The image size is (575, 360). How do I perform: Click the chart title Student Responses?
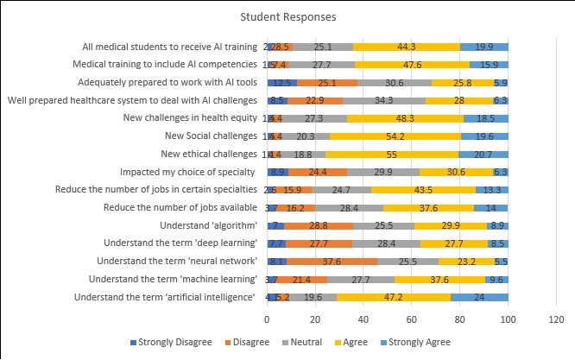(x=287, y=16)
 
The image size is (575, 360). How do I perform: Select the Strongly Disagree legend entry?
(x=171, y=343)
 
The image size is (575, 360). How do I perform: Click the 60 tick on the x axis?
(x=411, y=319)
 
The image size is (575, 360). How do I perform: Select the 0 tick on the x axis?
(x=266, y=319)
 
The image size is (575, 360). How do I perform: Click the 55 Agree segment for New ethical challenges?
(x=391, y=154)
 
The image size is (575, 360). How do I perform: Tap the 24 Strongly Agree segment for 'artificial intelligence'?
(x=479, y=297)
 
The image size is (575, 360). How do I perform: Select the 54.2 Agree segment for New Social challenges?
(x=394, y=136)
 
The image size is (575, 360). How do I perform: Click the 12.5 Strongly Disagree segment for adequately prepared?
(x=281, y=82)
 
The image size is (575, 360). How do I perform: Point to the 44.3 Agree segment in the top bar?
(x=406, y=47)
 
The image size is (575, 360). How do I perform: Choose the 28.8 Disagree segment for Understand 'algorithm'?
(x=318, y=225)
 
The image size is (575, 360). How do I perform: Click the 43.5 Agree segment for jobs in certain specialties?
(x=423, y=189)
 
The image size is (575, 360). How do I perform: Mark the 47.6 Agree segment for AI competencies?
(x=412, y=65)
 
